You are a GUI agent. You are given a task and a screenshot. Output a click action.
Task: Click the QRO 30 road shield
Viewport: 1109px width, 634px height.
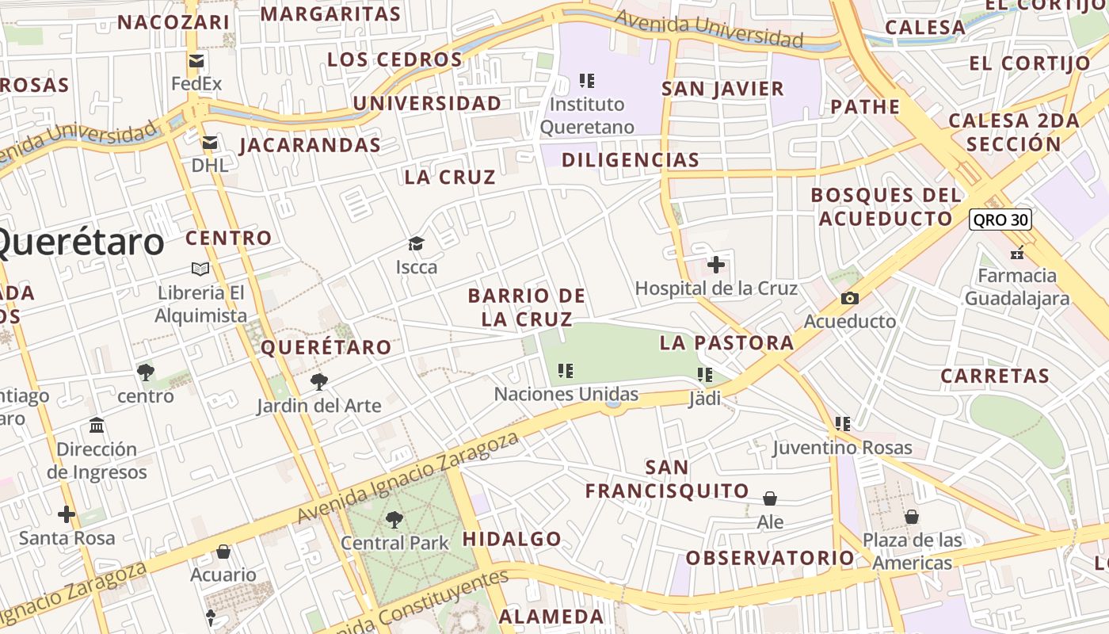[1000, 220]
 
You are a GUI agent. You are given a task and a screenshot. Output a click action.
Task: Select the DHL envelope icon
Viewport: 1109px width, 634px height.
[210, 143]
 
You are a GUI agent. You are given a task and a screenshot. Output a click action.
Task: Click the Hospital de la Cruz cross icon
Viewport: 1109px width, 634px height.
[716, 265]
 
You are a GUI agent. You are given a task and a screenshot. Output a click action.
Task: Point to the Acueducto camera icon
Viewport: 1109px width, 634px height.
[850, 298]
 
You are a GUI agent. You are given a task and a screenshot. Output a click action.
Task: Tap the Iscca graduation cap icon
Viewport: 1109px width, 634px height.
[416, 243]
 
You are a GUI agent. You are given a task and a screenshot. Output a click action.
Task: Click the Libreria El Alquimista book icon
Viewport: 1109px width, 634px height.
[200, 269]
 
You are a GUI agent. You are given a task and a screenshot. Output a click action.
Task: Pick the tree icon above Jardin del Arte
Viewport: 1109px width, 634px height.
[318, 382]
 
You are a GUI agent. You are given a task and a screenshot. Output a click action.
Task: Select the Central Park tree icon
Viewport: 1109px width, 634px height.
[394, 520]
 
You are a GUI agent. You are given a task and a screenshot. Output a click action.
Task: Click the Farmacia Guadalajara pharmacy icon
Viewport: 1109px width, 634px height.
[1017, 253]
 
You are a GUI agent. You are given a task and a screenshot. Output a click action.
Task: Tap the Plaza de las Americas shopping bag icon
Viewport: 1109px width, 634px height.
[912, 517]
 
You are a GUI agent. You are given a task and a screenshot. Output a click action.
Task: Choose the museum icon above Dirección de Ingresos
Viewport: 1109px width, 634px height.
[97, 426]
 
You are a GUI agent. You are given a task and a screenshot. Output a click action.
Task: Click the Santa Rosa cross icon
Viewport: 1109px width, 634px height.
[67, 514]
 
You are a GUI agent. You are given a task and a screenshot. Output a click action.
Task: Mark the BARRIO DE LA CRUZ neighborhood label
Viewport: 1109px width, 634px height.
[527, 307]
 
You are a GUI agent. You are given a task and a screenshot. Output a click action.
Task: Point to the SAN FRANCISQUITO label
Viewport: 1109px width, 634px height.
[667, 479]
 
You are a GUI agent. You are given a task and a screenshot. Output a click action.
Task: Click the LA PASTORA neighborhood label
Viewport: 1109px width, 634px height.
[726, 342]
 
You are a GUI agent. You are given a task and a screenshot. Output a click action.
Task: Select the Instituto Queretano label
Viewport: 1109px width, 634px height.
[587, 116]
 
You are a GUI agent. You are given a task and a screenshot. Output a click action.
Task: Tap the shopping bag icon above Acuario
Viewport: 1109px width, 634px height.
[223, 552]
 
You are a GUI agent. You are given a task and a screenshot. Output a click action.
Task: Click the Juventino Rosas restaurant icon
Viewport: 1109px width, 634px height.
[843, 424]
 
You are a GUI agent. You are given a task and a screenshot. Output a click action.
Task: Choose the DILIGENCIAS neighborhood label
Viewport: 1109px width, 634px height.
[631, 160]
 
